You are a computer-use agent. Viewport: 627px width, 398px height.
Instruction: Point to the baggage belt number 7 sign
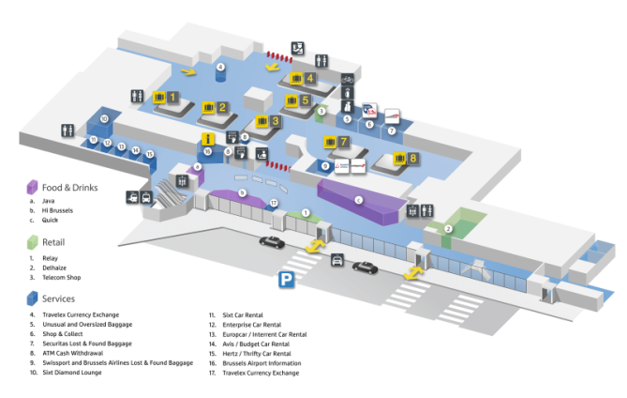point(336,143)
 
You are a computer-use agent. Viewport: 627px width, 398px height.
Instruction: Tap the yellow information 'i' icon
point(207,139)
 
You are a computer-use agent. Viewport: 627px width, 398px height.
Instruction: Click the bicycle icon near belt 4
point(347,80)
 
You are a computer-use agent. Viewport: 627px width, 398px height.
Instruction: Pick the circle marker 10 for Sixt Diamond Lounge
point(104,118)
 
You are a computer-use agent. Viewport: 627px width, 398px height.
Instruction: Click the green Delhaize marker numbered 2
point(448,228)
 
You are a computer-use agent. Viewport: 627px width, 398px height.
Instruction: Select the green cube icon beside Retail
point(31,242)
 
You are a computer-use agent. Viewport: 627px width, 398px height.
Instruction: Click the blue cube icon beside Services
point(31,298)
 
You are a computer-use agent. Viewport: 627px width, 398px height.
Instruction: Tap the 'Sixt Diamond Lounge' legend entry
point(74,373)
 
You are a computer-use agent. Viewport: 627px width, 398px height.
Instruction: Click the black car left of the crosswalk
point(271,242)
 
